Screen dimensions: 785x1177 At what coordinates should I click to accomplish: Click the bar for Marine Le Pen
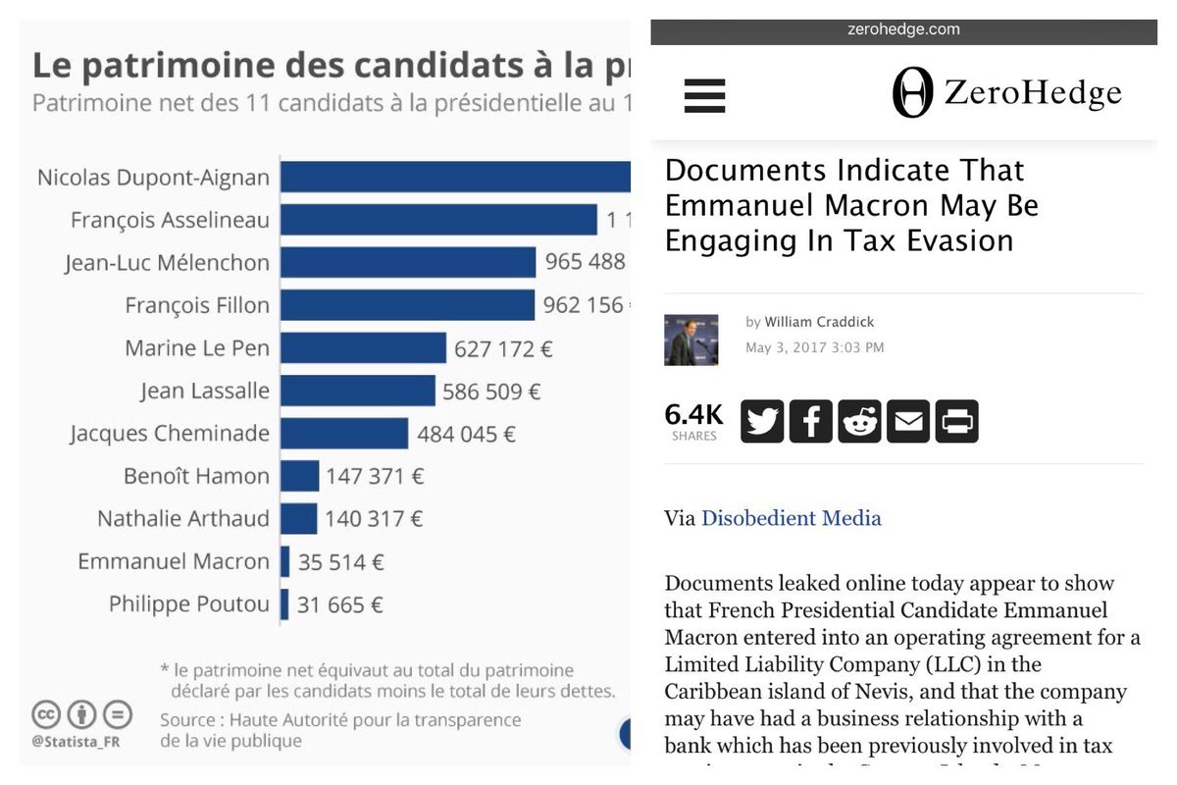tap(363, 348)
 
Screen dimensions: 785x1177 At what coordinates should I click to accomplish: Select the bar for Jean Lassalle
tap(357, 392)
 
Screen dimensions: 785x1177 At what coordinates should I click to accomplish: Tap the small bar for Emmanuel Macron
tap(284, 562)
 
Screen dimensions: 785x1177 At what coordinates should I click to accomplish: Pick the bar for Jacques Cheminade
tap(343, 434)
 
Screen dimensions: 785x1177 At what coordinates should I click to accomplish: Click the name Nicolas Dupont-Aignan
tap(153, 178)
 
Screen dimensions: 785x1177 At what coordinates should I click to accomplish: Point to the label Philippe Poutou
tap(188, 604)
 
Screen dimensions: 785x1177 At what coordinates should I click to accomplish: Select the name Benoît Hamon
tap(196, 477)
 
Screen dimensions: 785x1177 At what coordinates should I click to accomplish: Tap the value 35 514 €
tap(340, 562)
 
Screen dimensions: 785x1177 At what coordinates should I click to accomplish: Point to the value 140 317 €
tap(375, 519)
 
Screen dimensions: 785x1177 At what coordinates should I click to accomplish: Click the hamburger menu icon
tap(704, 96)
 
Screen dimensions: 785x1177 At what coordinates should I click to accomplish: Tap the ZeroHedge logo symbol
tap(912, 94)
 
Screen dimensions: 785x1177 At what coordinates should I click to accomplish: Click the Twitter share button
tap(762, 422)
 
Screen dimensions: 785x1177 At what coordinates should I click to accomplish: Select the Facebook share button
tap(810, 422)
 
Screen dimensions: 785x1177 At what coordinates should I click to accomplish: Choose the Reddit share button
tap(860, 422)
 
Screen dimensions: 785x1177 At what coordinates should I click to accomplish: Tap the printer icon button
tap(956, 422)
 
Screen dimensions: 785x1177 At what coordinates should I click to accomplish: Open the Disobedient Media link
tap(791, 518)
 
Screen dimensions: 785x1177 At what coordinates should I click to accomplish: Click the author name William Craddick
tap(819, 322)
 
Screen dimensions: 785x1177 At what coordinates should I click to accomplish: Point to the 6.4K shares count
tap(694, 415)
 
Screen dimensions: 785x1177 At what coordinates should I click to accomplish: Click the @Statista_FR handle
tap(77, 740)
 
